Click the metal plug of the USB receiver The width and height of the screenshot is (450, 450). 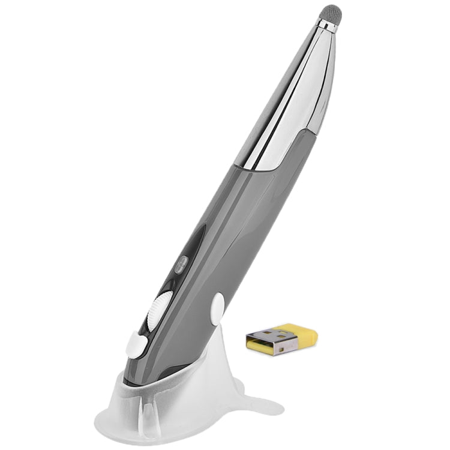tap(268, 343)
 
